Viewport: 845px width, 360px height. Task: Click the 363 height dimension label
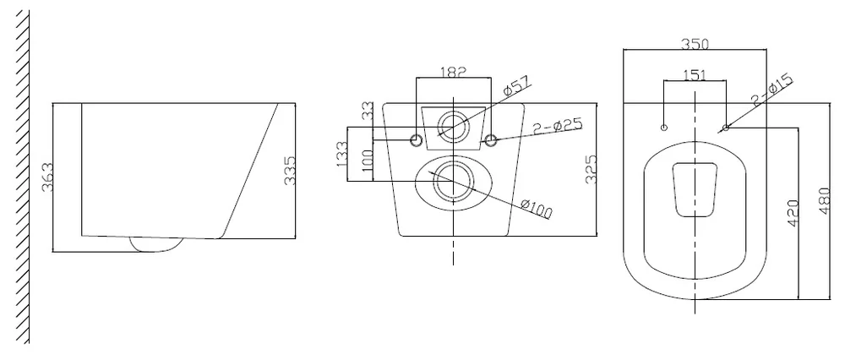[47, 177]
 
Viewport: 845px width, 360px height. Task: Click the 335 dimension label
[289, 171]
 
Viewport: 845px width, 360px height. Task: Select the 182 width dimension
[453, 72]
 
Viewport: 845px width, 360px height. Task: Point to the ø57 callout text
[516, 86]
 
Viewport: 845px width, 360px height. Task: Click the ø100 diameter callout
[537, 209]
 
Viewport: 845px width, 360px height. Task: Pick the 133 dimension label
[341, 154]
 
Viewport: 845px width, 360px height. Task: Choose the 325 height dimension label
[591, 169]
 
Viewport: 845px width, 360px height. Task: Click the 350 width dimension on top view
[695, 44]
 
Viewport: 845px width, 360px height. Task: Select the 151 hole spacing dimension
[695, 75]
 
